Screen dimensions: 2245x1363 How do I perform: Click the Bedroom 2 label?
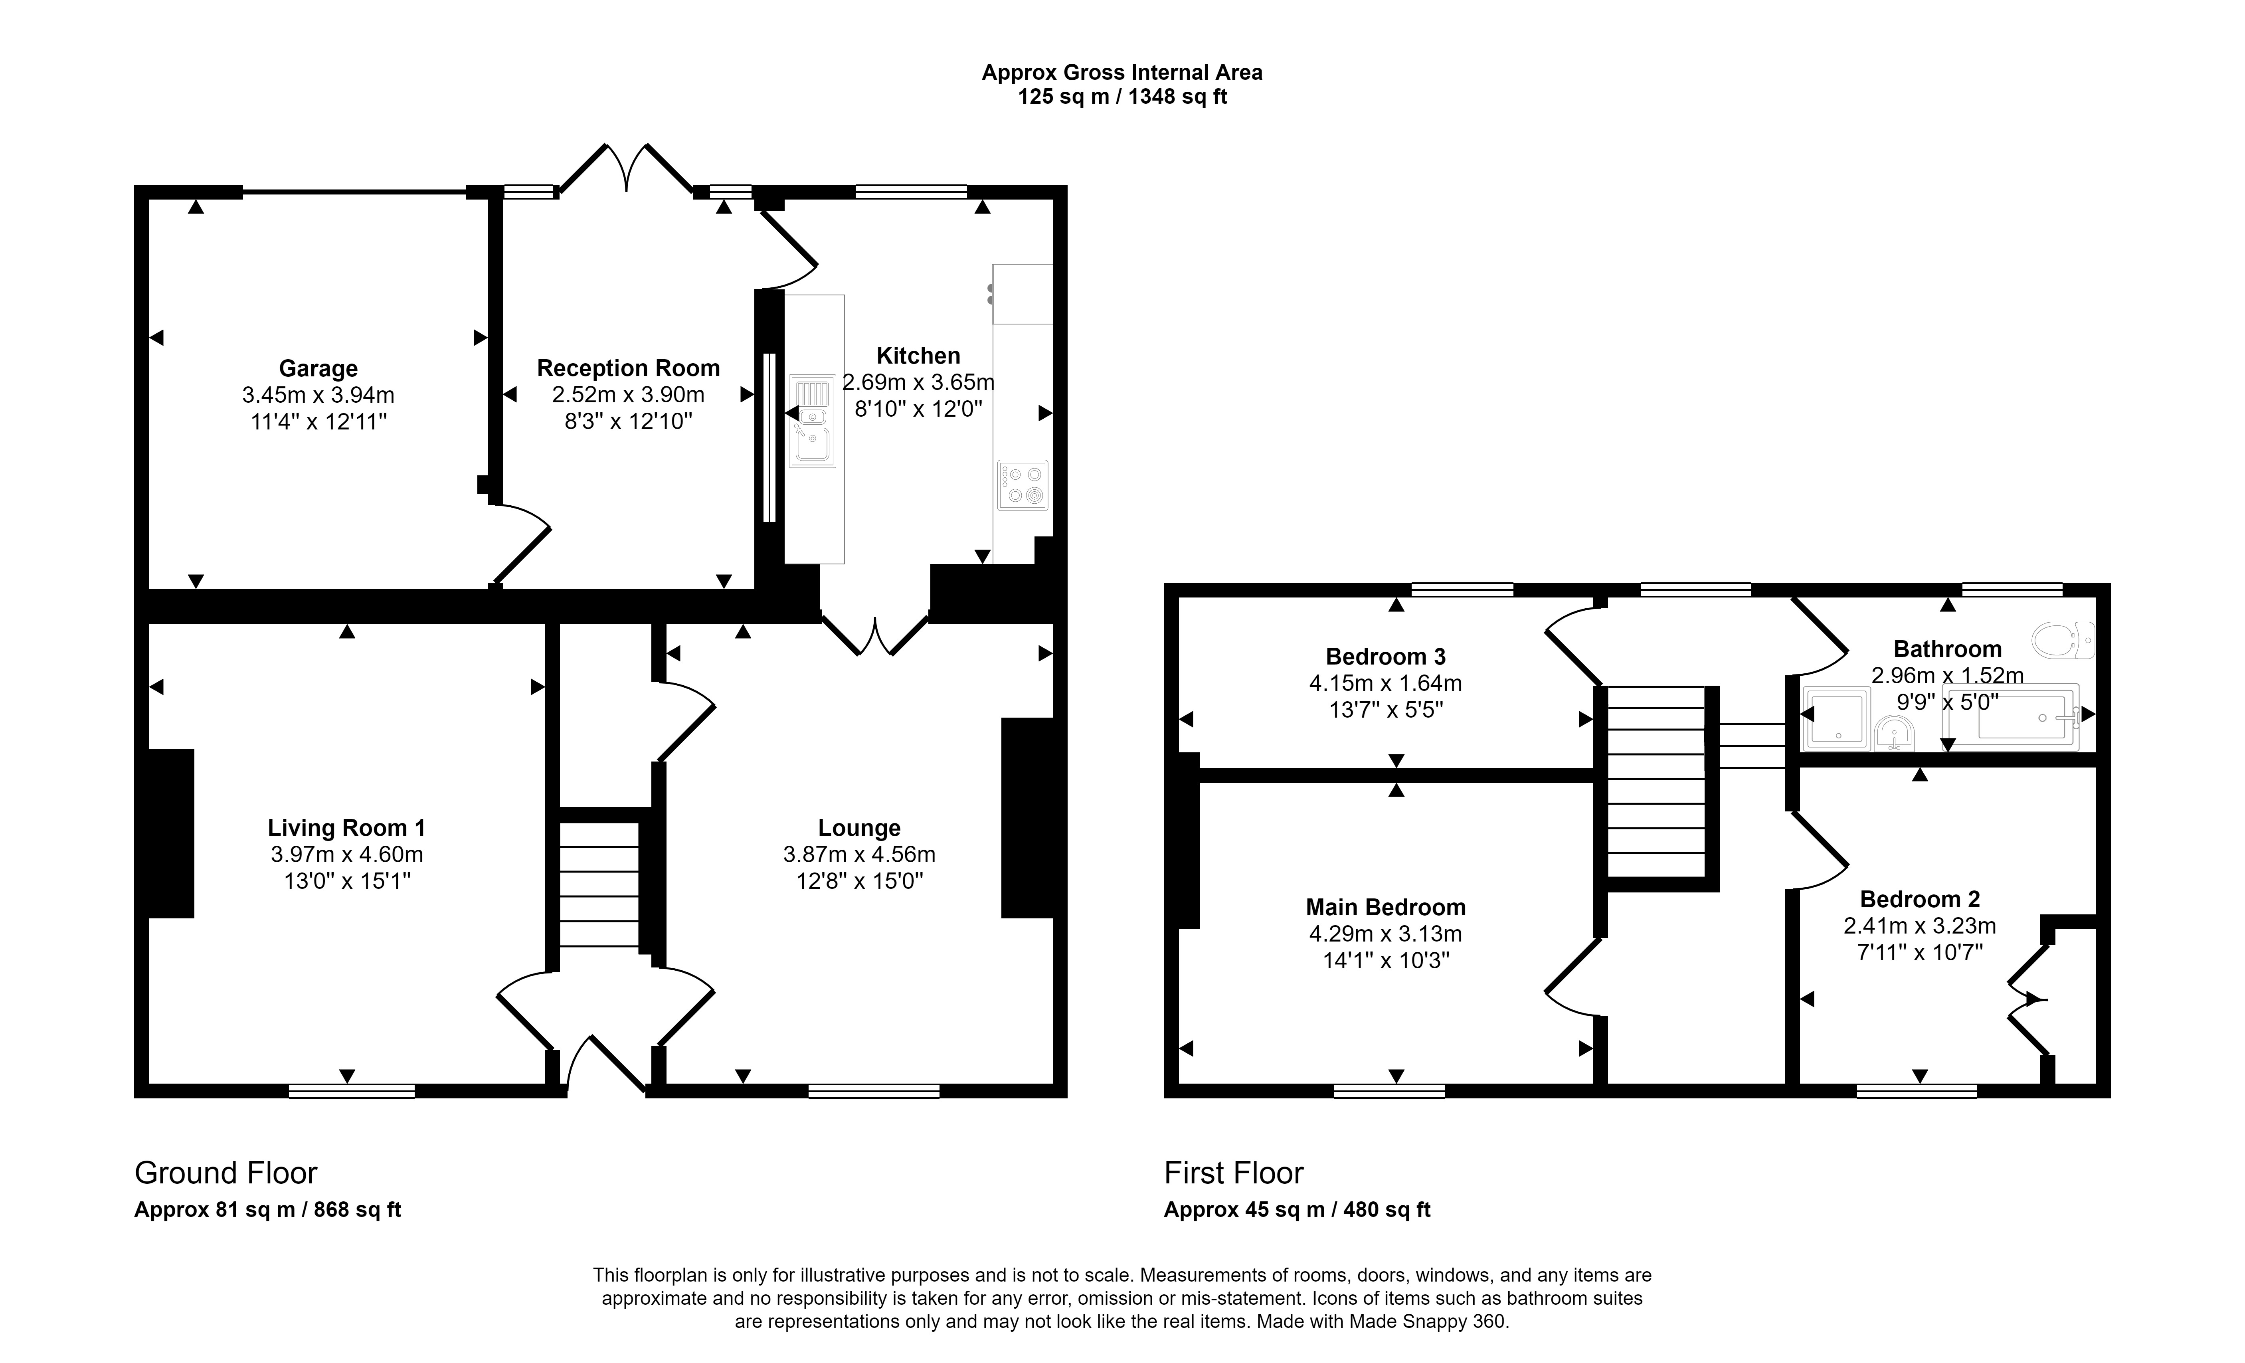pyautogui.click(x=1920, y=899)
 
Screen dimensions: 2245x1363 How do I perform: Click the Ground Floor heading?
pyautogui.click(x=226, y=1173)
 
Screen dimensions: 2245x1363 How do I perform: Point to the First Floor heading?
pyautogui.click(x=1234, y=1173)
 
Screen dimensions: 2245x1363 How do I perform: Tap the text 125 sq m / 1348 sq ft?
pyautogui.click(x=1122, y=97)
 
